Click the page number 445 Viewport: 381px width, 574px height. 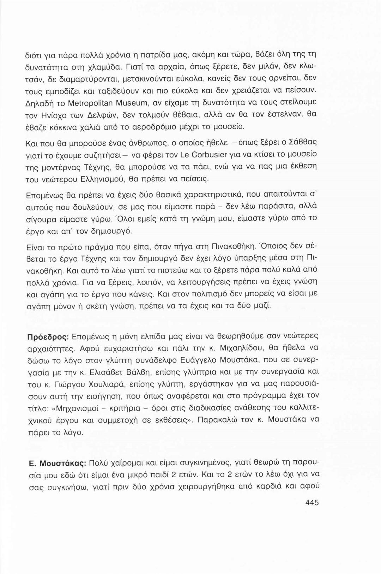[x=310, y=502]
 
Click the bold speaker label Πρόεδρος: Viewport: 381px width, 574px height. [x=49, y=336]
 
